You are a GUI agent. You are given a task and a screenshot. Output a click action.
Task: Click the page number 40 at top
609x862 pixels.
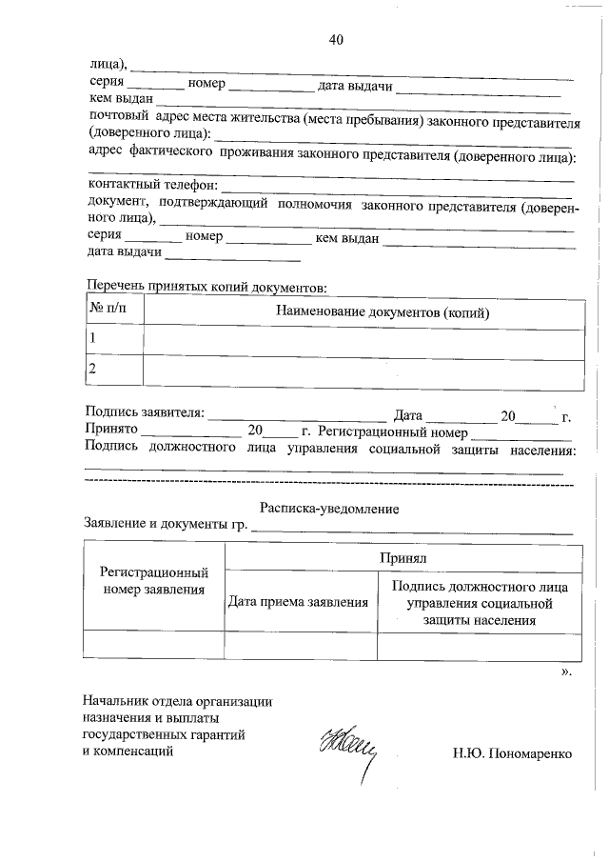[x=335, y=39]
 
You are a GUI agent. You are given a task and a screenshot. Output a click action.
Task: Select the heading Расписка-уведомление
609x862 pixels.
[x=329, y=509]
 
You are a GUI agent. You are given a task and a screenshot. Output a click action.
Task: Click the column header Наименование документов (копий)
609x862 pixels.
[x=389, y=311]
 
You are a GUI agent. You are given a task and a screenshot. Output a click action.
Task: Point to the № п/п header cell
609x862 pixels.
[x=108, y=311]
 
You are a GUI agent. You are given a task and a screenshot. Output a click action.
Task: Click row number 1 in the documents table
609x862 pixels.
[x=92, y=338]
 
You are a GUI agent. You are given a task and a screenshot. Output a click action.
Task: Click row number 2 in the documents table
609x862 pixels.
[x=92, y=368]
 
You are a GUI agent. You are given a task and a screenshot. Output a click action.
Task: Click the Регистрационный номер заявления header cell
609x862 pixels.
[x=154, y=582]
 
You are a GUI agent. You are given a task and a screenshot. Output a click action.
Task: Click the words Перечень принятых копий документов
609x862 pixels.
[x=206, y=287]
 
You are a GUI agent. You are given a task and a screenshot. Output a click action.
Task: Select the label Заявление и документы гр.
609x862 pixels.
[x=167, y=525]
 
